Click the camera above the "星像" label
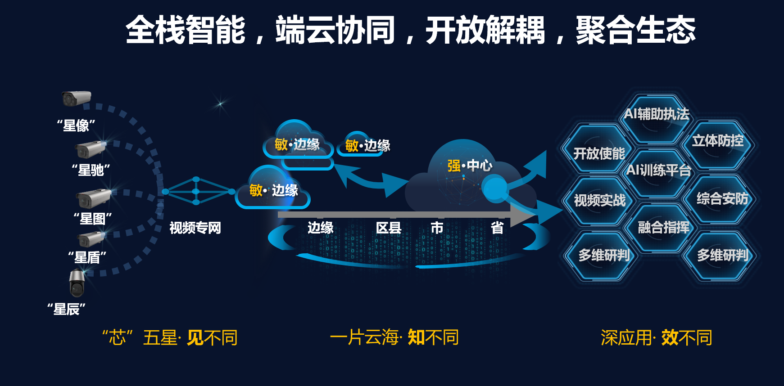tap(76, 99)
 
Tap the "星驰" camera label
tap(91, 170)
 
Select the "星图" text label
tap(92, 219)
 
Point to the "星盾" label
tap(87, 257)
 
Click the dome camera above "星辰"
tap(77, 283)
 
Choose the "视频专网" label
tap(195, 228)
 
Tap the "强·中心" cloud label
tap(470, 166)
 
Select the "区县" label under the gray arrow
tap(389, 228)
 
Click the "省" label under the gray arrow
tap(497, 228)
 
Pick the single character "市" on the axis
tap(437, 228)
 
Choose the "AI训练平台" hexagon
tap(658, 171)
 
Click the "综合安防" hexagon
tap(722, 199)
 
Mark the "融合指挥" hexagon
tap(663, 228)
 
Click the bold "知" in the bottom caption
tap(416, 337)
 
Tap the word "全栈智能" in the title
tap(186, 30)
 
